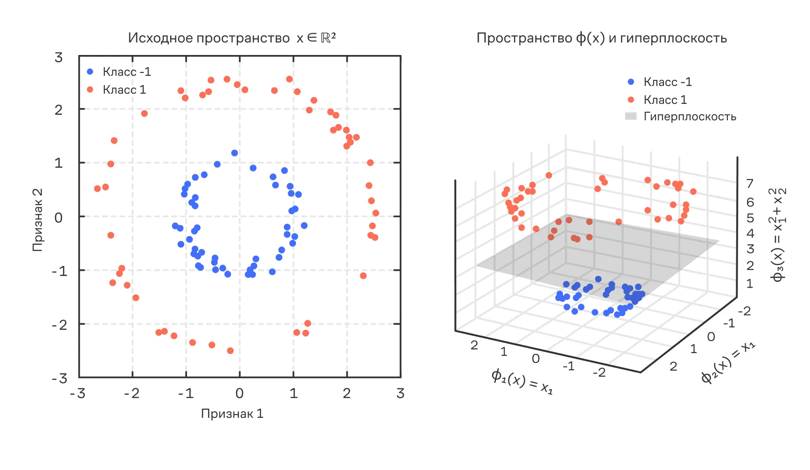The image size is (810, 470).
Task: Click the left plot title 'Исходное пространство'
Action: click(x=209, y=38)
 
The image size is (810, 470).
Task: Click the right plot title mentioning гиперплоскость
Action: click(x=601, y=38)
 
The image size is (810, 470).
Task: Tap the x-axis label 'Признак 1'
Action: click(x=232, y=414)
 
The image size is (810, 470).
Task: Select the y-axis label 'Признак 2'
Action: click(x=37, y=219)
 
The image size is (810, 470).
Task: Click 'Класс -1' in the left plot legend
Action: click(x=126, y=72)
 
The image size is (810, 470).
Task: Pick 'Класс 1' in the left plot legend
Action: click(x=124, y=90)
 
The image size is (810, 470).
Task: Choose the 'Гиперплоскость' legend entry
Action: click(x=689, y=117)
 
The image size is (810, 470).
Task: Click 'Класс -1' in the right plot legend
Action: click(x=667, y=82)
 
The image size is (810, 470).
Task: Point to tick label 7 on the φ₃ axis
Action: click(x=750, y=184)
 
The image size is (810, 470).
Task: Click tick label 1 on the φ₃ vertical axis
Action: click(x=750, y=284)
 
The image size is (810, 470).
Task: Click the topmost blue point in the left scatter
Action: click(x=234, y=153)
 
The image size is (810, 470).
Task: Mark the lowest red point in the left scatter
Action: click(x=230, y=351)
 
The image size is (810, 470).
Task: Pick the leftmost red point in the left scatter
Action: click(x=97, y=188)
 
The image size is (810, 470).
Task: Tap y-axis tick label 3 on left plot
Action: click(x=58, y=57)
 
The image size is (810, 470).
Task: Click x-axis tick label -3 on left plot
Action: click(x=78, y=393)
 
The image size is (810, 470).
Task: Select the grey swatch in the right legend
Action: click(x=631, y=116)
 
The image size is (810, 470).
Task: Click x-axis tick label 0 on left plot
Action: click(x=240, y=393)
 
